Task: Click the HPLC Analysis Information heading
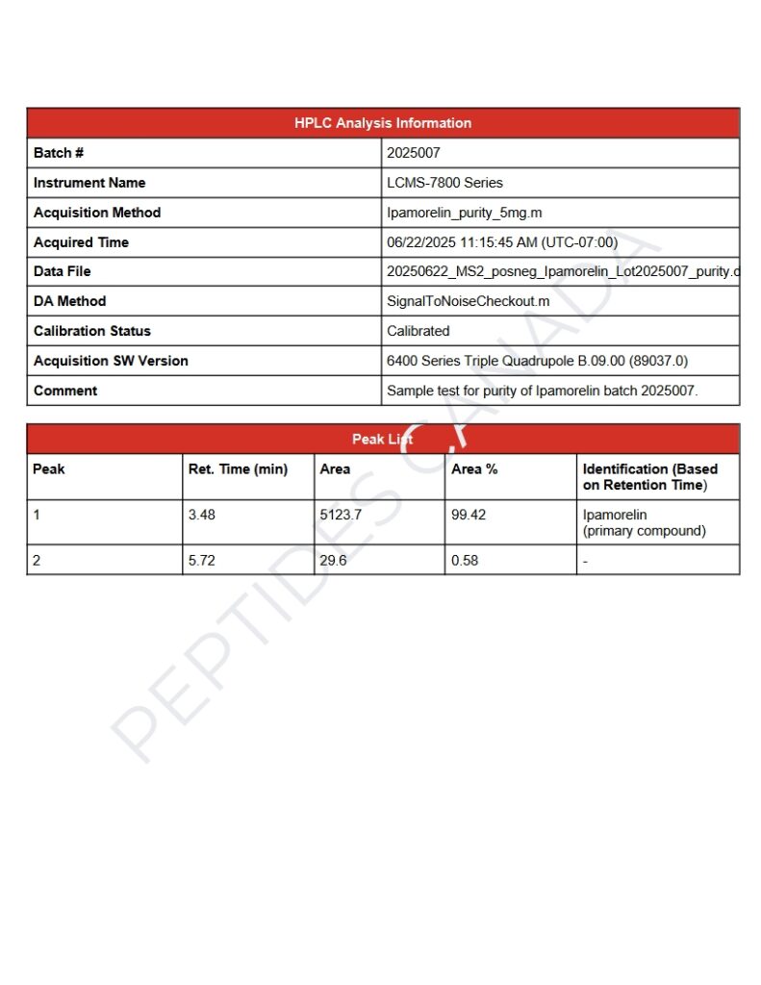coord(383,123)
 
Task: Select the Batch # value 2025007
coord(414,153)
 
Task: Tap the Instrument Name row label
coord(89,183)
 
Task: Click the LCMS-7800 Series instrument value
coord(444,183)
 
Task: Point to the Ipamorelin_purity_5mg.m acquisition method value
coord(465,213)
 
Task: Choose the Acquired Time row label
coord(81,242)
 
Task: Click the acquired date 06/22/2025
coord(419,242)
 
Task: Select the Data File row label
coord(63,272)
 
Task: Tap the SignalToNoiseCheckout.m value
coord(468,301)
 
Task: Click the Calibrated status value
coord(418,331)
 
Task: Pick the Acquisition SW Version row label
coord(111,361)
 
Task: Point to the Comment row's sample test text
coord(542,391)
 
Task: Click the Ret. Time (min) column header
coord(238,469)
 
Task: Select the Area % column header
coord(474,469)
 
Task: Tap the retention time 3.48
coord(202,515)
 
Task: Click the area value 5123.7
coord(341,515)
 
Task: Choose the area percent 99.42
coord(469,515)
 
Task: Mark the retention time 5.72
coord(202,560)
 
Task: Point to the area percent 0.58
coord(465,560)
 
